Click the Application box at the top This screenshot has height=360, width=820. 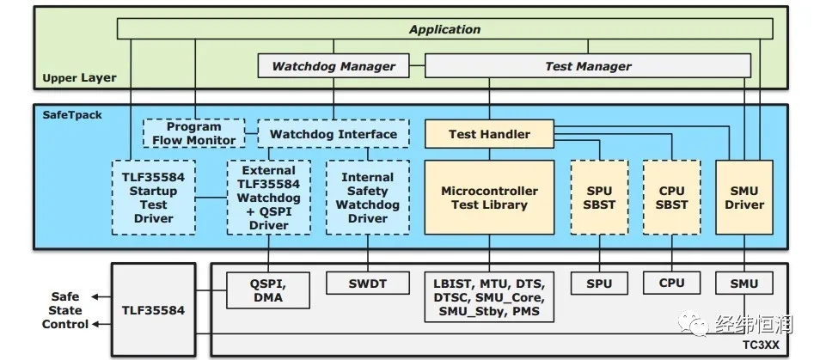point(444,29)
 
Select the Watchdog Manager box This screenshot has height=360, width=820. point(334,66)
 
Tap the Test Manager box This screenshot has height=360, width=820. point(588,66)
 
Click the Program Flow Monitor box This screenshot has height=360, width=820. point(194,133)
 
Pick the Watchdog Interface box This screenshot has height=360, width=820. point(334,134)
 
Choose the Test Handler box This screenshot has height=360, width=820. point(489,134)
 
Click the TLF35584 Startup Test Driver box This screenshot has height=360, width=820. point(153,197)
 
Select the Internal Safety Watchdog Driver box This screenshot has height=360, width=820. point(368,198)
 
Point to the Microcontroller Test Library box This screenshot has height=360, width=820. point(489,198)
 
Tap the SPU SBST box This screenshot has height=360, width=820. point(599,198)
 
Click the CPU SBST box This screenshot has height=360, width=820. point(671,198)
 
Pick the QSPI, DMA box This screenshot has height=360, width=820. point(268,290)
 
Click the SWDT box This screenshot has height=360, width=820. point(368,283)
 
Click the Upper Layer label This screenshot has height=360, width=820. point(79,78)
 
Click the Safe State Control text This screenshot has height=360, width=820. point(65,310)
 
